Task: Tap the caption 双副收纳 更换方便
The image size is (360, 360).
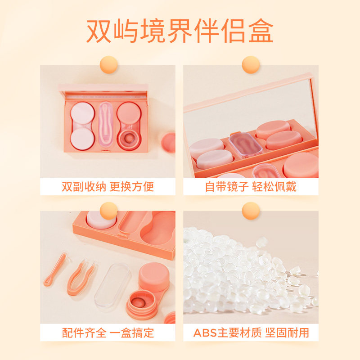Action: (108, 187)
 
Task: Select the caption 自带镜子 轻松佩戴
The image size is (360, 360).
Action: (251, 187)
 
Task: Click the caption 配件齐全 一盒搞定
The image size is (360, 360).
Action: (108, 333)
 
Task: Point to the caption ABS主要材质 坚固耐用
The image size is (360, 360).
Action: (251, 333)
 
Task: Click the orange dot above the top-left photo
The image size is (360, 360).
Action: (108, 64)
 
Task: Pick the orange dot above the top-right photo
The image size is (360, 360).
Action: (251, 64)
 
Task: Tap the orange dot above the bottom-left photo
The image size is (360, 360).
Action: (108, 211)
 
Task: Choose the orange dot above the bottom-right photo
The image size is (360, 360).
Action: (251, 211)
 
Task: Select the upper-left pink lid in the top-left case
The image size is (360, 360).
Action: (81, 112)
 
